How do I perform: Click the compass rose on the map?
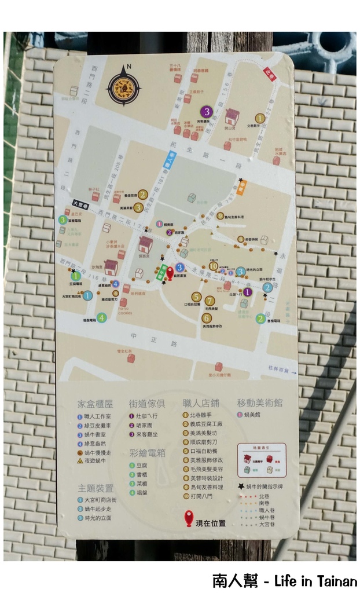tap(123, 86)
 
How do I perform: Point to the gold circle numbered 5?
tap(197, 296)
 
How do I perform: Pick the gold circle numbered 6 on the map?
tap(206, 317)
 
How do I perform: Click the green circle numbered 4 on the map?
tap(101, 317)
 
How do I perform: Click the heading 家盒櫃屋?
tap(95, 403)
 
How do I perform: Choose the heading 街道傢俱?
tap(147, 403)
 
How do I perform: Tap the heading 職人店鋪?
tap(200, 403)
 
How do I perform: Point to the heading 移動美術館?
tap(260, 403)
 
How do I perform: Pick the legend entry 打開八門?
tap(201, 496)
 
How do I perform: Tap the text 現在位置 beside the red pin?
tap(211, 524)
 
